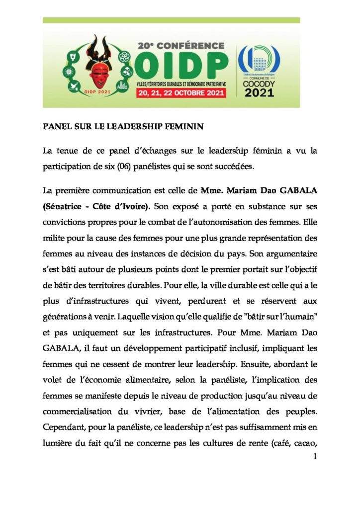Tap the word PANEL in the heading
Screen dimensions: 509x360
56,127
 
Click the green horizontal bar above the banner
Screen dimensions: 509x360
171,20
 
